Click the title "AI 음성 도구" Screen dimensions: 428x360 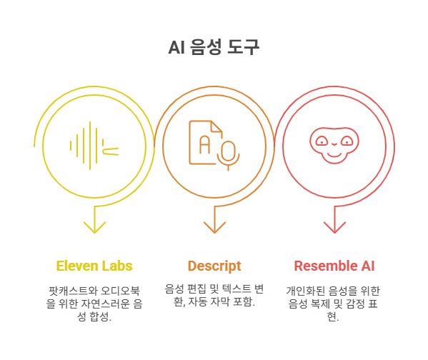point(214,47)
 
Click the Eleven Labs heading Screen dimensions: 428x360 point(94,266)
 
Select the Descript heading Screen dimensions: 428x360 point(214,266)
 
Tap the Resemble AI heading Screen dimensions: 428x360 point(334,266)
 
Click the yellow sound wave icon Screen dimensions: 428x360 point(94,146)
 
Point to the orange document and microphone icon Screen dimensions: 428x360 point(214,145)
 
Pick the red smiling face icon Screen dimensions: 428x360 point(334,145)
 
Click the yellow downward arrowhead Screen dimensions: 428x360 point(94,228)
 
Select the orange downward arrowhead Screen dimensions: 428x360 point(214,228)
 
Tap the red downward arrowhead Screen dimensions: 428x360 point(334,228)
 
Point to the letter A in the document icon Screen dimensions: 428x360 point(205,144)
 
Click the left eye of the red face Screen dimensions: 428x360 point(322,141)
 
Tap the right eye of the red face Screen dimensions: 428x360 point(347,141)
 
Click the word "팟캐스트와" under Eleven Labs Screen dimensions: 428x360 point(73,291)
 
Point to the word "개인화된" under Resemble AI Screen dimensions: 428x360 point(305,291)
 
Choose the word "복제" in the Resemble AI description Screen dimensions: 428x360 point(320,304)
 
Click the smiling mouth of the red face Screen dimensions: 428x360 point(334,155)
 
